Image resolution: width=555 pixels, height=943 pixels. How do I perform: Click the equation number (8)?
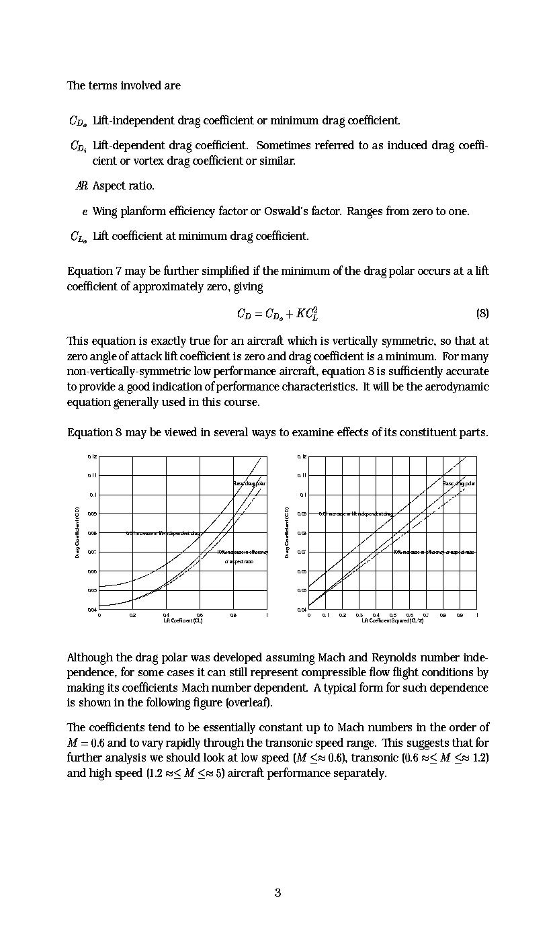[x=482, y=313]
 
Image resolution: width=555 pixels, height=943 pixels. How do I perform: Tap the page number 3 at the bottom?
[x=277, y=893]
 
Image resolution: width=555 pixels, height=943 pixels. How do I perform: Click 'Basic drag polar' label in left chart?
[x=249, y=483]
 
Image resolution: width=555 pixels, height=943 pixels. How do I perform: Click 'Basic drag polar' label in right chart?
[x=459, y=483]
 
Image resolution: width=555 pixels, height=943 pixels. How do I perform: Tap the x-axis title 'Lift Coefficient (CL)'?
[x=183, y=620]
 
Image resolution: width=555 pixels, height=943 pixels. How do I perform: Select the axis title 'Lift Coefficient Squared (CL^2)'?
[x=392, y=620]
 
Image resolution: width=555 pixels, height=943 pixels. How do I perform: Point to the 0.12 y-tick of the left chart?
[x=91, y=456]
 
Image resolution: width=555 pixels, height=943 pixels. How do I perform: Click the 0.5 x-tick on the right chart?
[x=393, y=615]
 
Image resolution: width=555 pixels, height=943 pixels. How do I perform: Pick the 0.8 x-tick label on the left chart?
[x=233, y=615]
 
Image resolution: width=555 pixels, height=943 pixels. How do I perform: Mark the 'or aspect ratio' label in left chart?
[x=239, y=561]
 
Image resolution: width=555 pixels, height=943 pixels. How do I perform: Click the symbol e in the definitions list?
[x=85, y=212]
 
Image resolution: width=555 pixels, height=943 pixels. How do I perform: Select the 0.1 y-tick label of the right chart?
[x=303, y=495]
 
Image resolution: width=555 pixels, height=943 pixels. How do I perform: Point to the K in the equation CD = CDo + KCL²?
[x=300, y=314]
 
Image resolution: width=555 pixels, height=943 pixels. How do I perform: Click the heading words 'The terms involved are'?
[x=124, y=85]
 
